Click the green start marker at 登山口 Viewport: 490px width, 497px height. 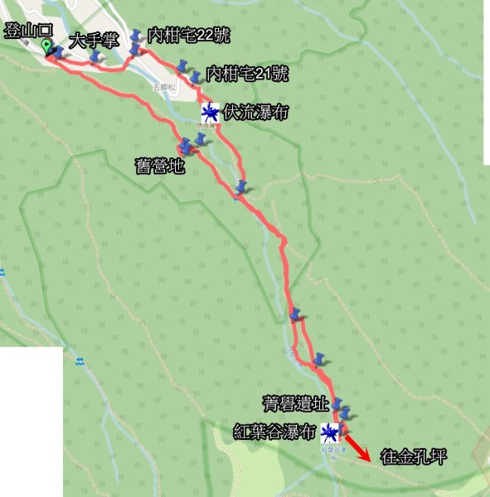[47, 47]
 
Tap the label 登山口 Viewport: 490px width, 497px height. [28, 31]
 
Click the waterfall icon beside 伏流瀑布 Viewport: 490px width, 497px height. [211, 112]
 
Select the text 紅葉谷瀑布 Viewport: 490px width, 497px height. [274, 432]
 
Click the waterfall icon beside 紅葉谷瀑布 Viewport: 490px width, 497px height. [329, 432]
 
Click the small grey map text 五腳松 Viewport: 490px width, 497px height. [165, 85]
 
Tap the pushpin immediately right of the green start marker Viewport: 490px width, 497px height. [59, 52]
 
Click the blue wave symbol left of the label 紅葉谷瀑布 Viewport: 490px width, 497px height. [80, 361]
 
